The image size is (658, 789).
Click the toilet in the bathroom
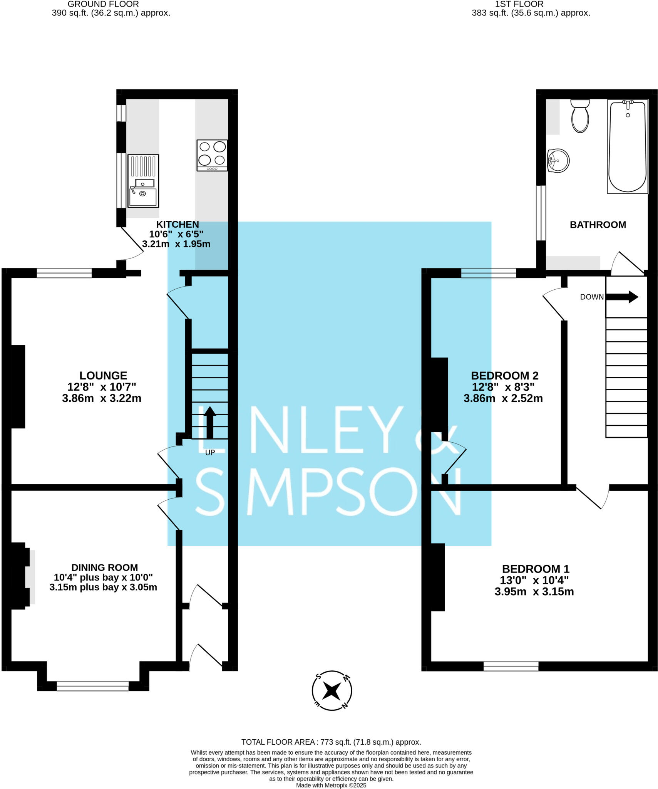pyautogui.click(x=580, y=116)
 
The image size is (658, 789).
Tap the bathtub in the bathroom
pyautogui.click(x=627, y=146)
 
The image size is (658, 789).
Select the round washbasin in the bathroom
pyautogui.click(x=558, y=161)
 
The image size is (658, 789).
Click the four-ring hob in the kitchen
pyautogui.click(x=212, y=155)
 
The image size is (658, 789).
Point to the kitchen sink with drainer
pyautogui.click(x=143, y=181)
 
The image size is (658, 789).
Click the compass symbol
pyautogui.click(x=332, y=690)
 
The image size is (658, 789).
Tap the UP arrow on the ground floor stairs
pyautogui.click(x=209, y=423)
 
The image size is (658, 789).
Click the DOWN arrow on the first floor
pyautogui.click(x=622, y=297)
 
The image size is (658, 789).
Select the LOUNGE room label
pyautogui.click(x=103, y=376)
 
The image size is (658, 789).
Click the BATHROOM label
pyautogui.click(x=598, y=225)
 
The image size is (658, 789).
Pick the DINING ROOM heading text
pyautogui.click(x=104, y=567)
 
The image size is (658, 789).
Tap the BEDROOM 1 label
pyautogui.click(x=535, y=569)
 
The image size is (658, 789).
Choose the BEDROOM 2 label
pyautogui.click(x=504, y=376)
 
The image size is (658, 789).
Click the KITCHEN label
pyautogui.click(x=177, y=224)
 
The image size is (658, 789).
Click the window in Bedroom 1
pyautogui.click(x=511, y=666)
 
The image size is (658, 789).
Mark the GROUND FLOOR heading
pyautogui.click(x=103, y=4)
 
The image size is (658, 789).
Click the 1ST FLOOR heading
pyautogui.click(x=519, y=4)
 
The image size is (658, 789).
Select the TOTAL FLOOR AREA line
pyautogui.click(x=331, y=742)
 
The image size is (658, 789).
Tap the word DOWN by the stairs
pyautogui.click(x=592, y=297)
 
